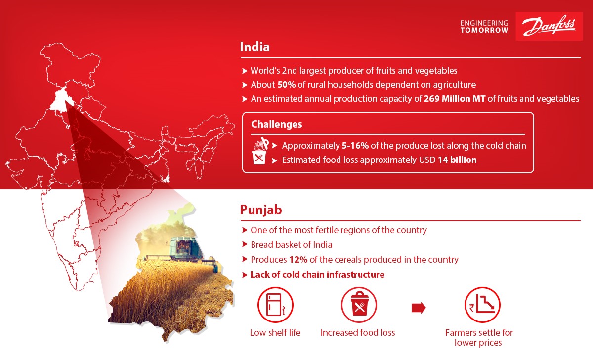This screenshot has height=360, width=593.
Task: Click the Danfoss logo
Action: (x=549, y=26)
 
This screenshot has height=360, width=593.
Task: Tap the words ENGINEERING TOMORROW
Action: (x=484, y=27)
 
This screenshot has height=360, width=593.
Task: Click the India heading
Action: (x=254, y=47)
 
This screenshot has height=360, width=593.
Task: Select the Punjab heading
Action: (x=261, y=210)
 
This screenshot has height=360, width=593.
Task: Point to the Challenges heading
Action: (x=276, y=124)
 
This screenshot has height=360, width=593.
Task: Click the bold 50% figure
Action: (x=287, y=84)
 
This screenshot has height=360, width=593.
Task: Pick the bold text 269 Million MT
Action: (x=455, y=99)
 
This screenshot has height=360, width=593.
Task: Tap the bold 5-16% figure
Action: (x=355, y=146)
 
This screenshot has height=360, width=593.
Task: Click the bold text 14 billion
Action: (x=457, y=160)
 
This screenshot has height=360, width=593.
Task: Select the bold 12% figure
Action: (x=298, y=259)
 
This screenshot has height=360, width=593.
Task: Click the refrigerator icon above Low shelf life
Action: (x=275, y=305)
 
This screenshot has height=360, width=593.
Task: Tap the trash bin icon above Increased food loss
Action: (x=359, y=305)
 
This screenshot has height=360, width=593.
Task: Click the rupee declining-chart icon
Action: (x=482, y=305)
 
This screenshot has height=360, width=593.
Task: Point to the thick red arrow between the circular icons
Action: (x=419, y=308)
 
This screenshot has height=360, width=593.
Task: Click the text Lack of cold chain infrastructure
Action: (x=317, y=274)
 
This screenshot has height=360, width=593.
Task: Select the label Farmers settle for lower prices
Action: (x=479, y=337)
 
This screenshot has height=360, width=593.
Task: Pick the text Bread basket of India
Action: (x=291, y=244)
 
